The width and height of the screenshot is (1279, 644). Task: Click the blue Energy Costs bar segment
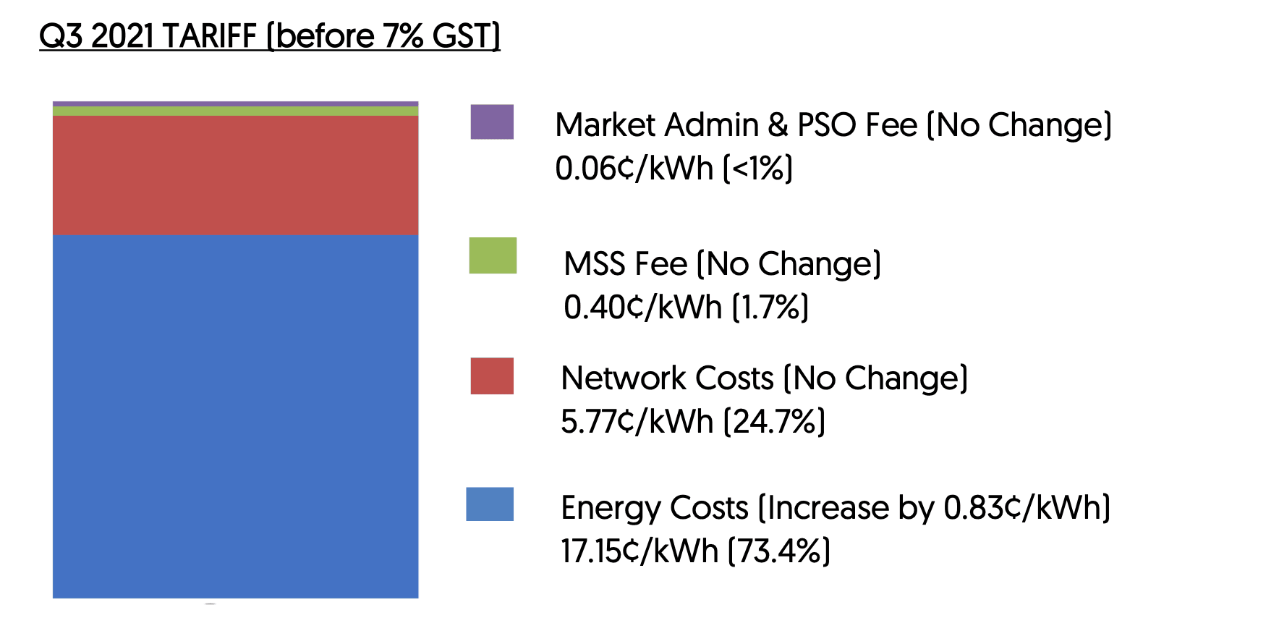tap(235, 416)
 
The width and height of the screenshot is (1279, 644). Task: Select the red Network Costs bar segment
tap(235, 175)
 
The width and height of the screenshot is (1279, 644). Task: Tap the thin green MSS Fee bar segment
tap(235, 111)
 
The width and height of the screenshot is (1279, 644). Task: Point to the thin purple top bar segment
tap(235, 104)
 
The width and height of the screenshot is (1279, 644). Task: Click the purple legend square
tap(492, 122)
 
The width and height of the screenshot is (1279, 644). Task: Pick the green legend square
tap(493, 255)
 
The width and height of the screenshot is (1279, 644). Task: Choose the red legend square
tap(492, 376)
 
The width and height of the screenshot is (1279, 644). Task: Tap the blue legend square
tap(490, 504)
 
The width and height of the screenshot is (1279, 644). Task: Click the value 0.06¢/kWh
tap(634, 169)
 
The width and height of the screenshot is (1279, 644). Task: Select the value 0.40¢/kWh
tap(642, 308)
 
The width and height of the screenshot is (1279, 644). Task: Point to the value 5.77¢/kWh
tap(637, 422)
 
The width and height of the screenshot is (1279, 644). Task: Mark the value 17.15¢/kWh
tap(639, 551)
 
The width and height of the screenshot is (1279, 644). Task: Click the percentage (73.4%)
tap(778, 551)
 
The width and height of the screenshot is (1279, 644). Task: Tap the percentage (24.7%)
tap(774, 422)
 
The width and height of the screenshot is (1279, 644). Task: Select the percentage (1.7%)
tap(770, 308)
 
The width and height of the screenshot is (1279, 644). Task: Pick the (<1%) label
tap(758, 169)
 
